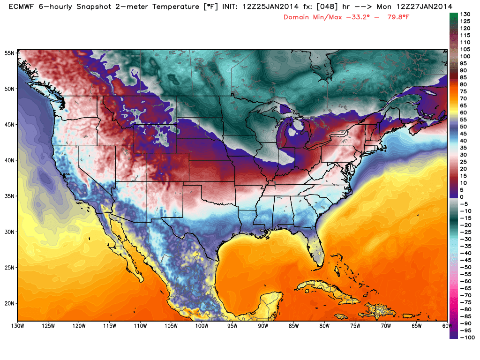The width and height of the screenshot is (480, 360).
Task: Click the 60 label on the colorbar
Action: click(x=465, y=112)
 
